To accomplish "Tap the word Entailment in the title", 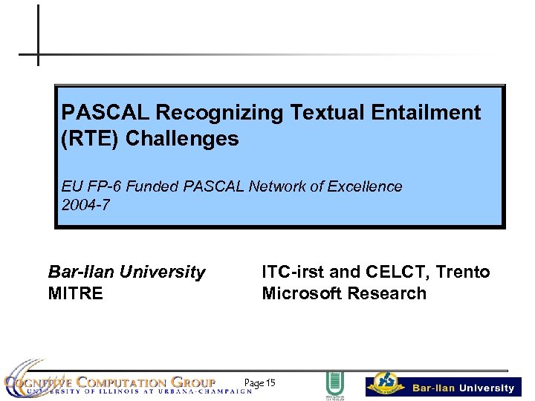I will click(418, 113).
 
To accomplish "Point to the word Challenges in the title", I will click(182, 139).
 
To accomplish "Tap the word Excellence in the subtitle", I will click(366, 186).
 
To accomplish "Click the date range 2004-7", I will click(85, 206).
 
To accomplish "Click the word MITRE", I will click(75, 293).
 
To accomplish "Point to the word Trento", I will click(464, 272).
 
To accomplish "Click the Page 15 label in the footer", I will click(259, 383).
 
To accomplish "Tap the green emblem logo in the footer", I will click(334, 385).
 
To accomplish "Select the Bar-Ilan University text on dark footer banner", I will click(463, 388).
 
